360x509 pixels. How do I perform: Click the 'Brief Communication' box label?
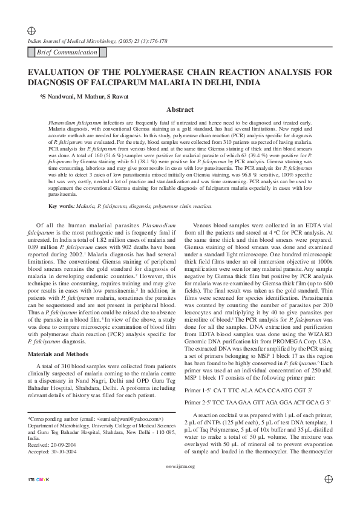tap(66, 53)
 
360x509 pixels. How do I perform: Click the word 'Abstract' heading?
tap(180, 110)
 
